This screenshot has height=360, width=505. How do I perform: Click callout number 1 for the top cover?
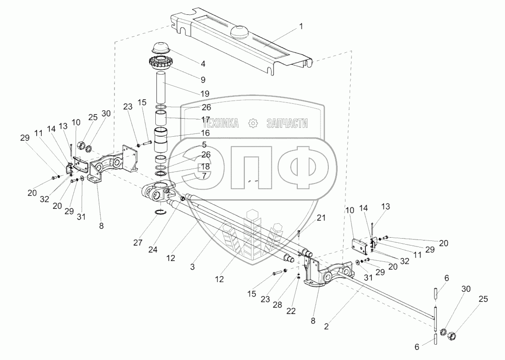click(x=301, y=26)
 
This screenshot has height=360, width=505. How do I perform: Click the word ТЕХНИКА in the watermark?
click(x=221, y=123)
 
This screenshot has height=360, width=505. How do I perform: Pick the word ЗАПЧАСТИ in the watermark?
click(x=287, y=123)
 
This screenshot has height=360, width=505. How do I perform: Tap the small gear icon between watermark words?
click(x=253, y=123)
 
